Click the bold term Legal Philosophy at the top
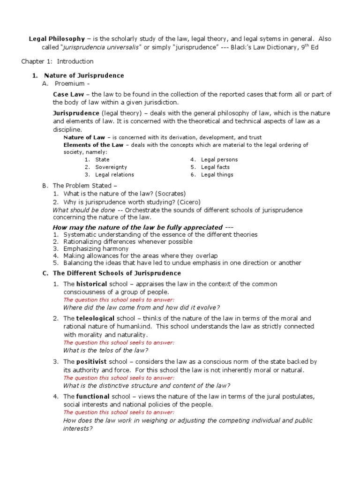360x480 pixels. [57, 39]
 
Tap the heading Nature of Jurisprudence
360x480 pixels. [84, 75]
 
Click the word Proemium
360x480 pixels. [70, 84]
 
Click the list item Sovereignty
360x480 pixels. [111, 167]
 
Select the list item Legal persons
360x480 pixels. [219, 160]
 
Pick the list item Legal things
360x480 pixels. [217, 175]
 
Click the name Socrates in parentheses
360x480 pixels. [171, 194]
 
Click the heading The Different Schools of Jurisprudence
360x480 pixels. [117, 273]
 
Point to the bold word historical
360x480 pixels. [91, 284]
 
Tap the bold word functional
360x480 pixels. [93, 397]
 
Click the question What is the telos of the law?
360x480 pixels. [105, 350]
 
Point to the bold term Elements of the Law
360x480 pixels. [93, 145]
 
